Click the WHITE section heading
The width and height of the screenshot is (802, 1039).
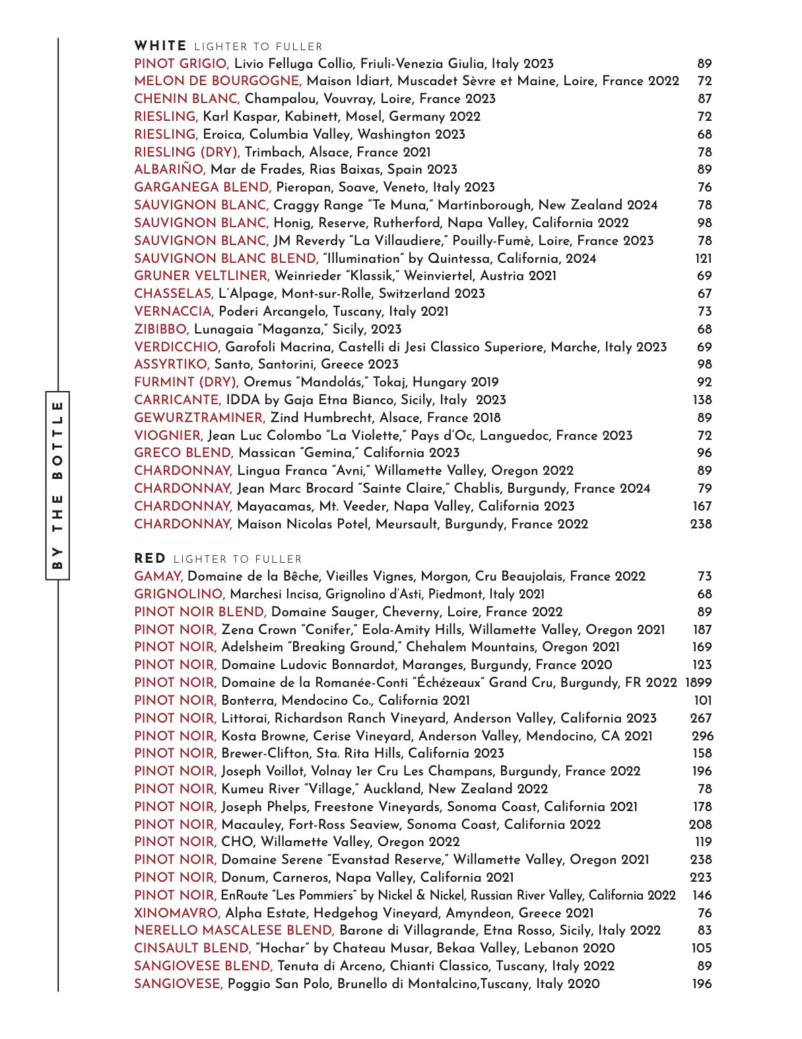[160, 46]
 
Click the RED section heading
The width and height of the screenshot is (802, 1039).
[150, 559]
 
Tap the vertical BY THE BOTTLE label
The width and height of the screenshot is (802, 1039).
[57, 485]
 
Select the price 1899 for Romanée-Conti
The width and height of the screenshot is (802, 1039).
[698, 683]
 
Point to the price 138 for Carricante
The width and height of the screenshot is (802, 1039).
[702, 400]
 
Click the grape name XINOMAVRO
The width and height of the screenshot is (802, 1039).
[177, 914]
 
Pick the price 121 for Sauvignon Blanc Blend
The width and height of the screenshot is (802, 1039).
[703, 259]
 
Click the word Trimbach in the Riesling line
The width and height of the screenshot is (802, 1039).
[272, 152]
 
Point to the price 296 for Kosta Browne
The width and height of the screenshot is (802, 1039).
[702, 736]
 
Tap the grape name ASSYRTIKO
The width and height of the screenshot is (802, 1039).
[172, 365]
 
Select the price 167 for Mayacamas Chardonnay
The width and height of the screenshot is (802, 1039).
[702, 507]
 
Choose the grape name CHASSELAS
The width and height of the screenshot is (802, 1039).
[174, 294]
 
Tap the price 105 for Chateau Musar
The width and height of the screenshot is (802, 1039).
[702, 949]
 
